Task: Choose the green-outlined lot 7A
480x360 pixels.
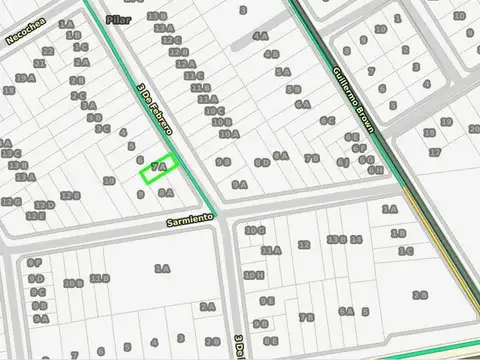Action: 158,169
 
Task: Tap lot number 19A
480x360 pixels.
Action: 26,78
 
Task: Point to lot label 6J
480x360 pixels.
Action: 342,161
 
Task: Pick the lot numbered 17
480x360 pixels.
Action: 434,152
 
